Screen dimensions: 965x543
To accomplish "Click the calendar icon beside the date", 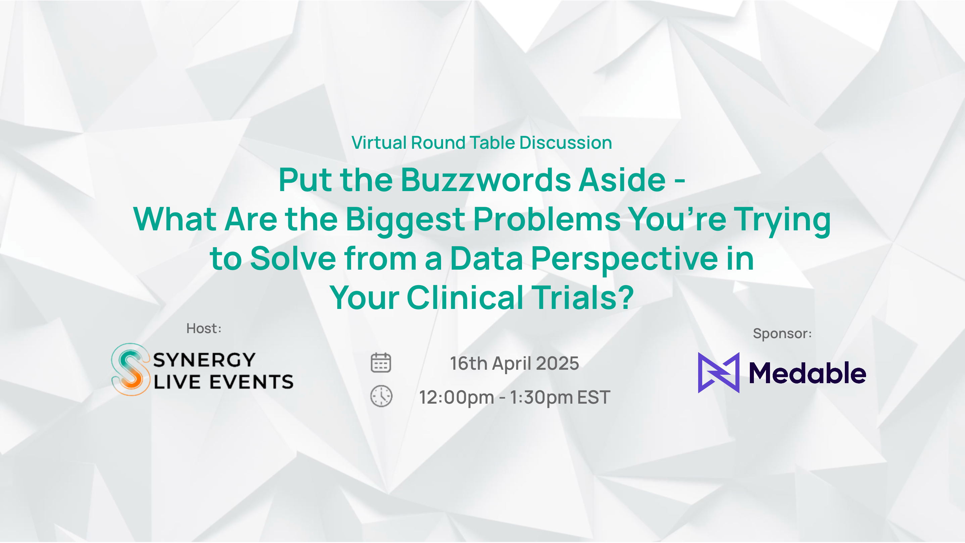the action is coord(381,363).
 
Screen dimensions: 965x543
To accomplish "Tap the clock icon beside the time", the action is coord(381,396).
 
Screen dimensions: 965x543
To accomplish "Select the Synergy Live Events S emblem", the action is coord(130,369).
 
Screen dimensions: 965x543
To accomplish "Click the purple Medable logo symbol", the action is coord(719,373).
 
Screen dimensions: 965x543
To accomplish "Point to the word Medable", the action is coord(807,373).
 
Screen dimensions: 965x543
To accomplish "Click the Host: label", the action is coord(204,329).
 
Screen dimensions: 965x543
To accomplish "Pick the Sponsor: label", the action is coord(782,333).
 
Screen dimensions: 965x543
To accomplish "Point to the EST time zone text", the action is coord(594,397).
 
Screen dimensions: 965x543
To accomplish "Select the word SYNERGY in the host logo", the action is coord(204,360).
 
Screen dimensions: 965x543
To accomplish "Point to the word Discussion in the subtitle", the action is coord(566,143).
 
